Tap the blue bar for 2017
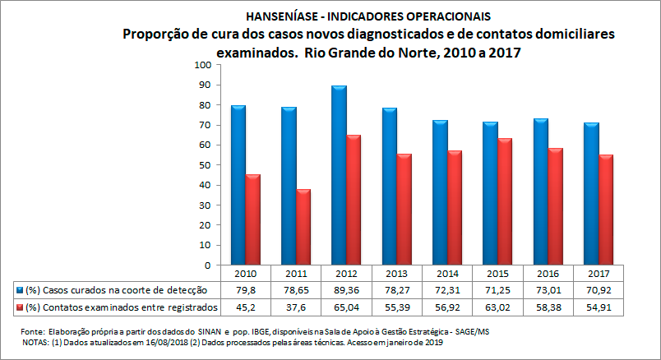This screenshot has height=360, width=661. (x=591, y=194)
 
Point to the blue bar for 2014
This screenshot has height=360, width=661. (x=441, y=192)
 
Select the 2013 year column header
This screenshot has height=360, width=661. (x=396, y=274)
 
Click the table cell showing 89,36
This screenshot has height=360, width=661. (x=344, y=290)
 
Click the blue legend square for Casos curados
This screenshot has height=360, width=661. (x=20, y=290)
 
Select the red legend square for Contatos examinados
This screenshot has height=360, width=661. (x=20, y=307)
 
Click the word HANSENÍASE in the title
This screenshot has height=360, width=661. (x=281, y=16)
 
